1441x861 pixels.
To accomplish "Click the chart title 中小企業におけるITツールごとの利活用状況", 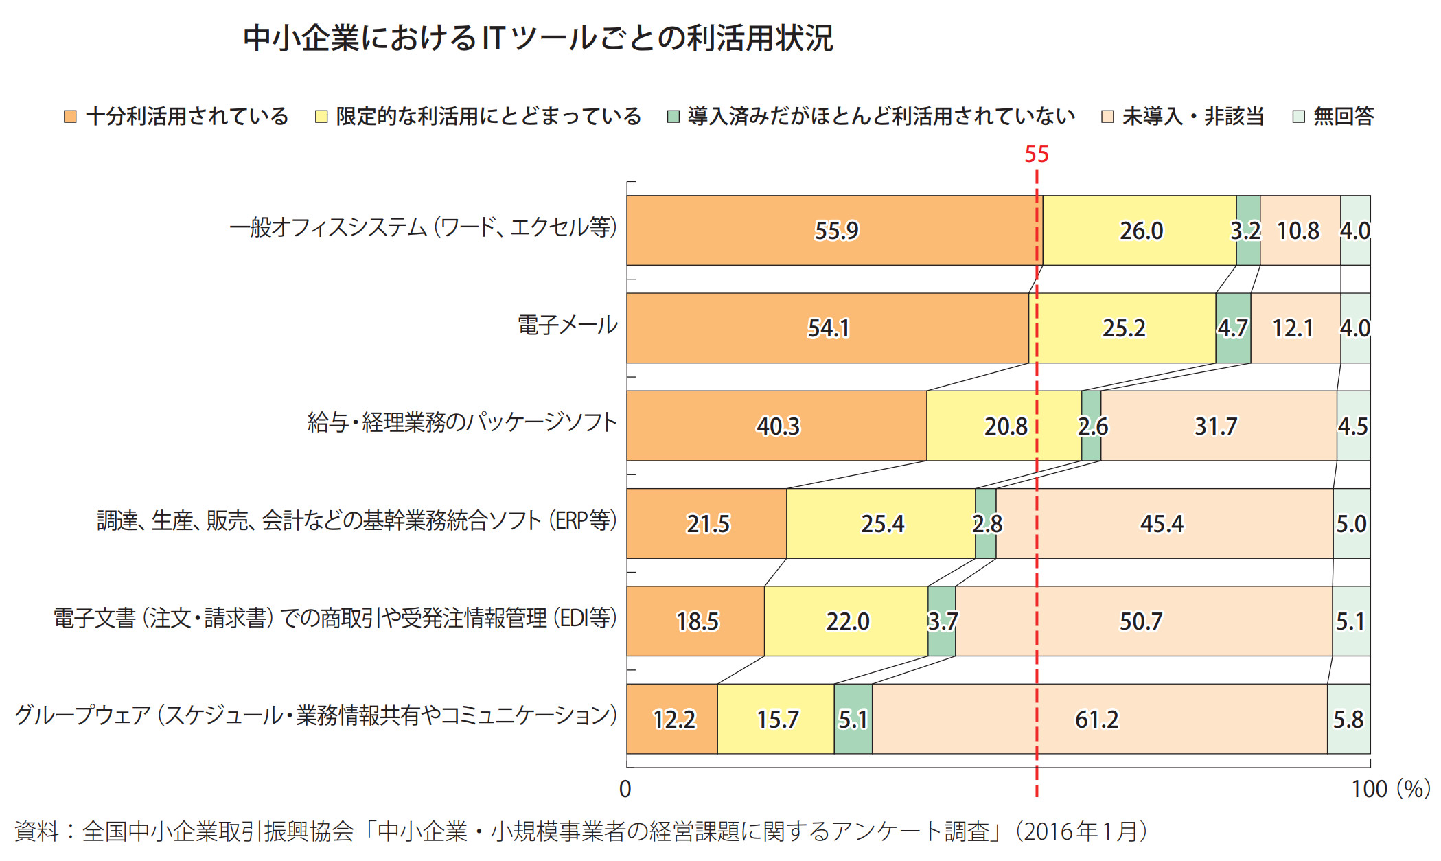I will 538,38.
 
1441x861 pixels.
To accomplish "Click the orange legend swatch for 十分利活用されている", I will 70,117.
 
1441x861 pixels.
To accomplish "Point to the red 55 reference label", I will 1036,154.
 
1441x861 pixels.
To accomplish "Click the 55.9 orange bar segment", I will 835,231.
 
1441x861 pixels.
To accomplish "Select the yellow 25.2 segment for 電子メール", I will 1123,328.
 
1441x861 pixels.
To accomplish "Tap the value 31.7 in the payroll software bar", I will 1216,426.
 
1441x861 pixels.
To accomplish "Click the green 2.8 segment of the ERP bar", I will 986,524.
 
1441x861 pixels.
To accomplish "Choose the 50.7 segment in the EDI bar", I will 1141,621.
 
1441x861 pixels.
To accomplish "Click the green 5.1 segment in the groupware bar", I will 853,719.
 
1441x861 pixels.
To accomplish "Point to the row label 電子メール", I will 567,325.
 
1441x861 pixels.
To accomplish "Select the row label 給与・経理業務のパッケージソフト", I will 462,422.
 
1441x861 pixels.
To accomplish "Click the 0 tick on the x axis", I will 625,789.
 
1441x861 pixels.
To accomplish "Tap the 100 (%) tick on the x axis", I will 1390,789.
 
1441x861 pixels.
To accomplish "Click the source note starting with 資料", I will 581,831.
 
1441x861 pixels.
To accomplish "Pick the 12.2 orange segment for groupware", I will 673,719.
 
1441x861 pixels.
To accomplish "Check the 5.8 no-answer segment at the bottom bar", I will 1348,719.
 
